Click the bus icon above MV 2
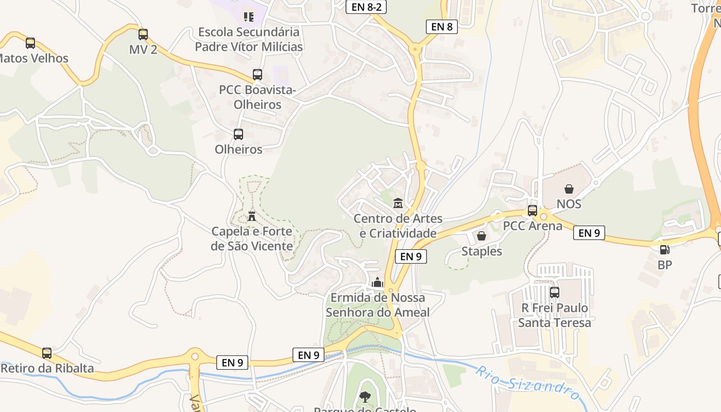143,35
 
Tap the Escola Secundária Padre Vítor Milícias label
249,39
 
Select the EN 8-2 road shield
366,7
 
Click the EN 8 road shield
442,27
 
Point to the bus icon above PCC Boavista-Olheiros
257,75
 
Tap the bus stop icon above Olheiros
238,134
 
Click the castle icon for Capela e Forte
252,216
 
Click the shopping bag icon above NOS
569,189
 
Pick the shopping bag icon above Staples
482,236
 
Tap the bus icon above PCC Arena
533,211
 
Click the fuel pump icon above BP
665,250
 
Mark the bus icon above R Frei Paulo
555,293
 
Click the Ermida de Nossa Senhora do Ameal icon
377,283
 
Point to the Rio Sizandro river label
528,384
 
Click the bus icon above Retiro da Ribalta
47,353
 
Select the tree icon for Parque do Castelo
365,397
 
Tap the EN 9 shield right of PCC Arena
589,233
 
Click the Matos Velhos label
34,58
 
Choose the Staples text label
482,251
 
